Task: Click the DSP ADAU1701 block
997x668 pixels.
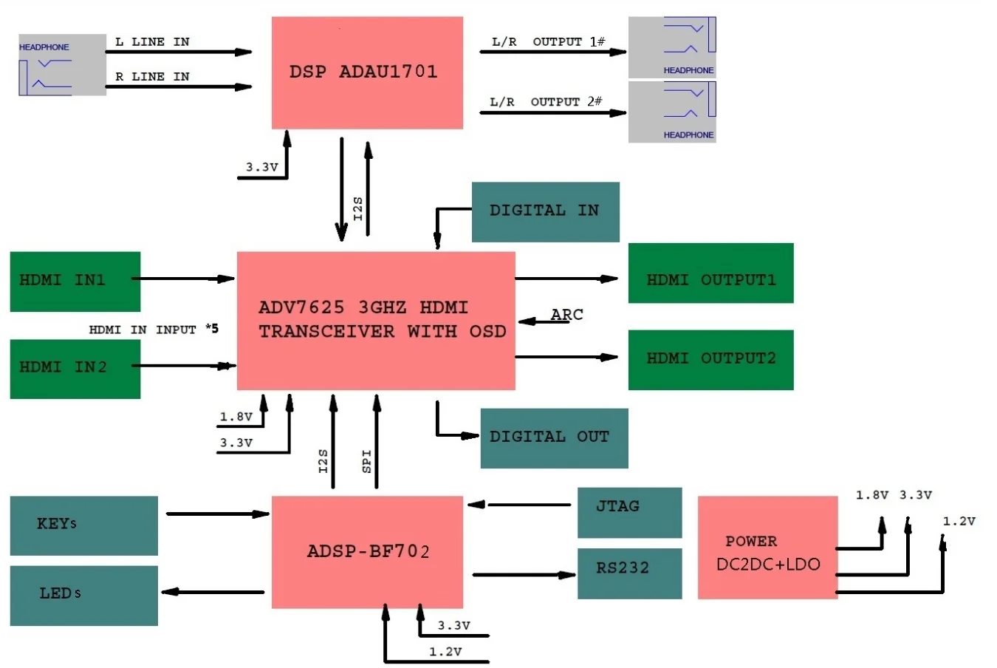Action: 367,72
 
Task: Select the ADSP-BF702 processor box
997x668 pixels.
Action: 367,551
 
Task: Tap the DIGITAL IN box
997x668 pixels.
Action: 545,211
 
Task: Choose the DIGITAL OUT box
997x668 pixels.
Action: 554,437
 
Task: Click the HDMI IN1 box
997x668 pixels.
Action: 75,281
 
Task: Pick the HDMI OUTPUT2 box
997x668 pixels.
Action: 710,359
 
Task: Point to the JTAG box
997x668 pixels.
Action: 629,511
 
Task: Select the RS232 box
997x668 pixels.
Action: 629,573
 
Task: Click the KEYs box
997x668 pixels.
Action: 83,525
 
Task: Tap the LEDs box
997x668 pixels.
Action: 83,595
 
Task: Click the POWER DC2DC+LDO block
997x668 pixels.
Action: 767,547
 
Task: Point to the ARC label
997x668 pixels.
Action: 566,315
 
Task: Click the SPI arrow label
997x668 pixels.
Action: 367,460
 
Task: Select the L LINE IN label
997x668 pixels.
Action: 152,42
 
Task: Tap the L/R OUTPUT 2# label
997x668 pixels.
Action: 546,102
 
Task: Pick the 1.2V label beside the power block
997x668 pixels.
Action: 959,522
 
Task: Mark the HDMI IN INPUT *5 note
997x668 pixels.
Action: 154,330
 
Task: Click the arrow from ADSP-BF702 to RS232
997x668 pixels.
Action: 524,574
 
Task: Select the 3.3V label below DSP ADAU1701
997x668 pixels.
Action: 262,168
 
